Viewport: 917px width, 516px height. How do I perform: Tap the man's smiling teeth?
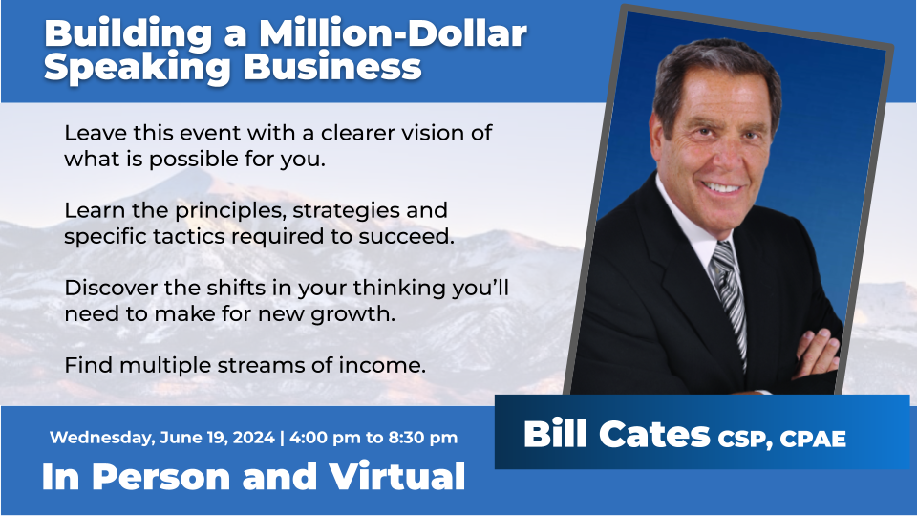pyautogui.click(x=724, y=188)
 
